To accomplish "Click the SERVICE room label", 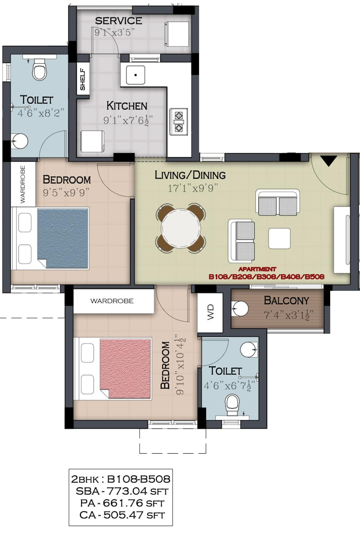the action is [119, 21].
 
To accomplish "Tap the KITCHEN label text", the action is [126, 106].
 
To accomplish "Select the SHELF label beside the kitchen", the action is [83, 79].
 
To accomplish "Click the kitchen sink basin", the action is [135, 75].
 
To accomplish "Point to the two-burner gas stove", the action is [179, 122].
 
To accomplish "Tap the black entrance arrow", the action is [328, 161].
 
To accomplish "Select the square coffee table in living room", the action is [279, 238].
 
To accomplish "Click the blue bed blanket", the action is [63, 238].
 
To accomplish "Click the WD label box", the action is [210, 312].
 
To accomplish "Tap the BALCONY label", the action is [286, 300].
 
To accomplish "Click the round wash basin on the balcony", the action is [240, 309].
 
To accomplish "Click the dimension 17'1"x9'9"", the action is [193, 189].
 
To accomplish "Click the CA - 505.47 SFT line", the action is [122, 515].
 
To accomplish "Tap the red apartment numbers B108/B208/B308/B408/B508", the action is [266, 277].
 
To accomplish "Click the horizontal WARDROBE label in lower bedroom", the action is [112, 301].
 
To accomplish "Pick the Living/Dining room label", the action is [190, 175].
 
